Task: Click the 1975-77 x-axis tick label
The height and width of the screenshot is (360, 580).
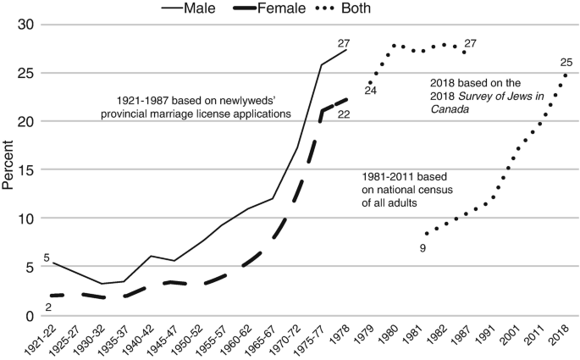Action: coord(312,340)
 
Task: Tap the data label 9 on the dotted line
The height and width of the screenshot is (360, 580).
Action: coord(422,247)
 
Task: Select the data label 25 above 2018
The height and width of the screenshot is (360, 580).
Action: coord(566,62)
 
